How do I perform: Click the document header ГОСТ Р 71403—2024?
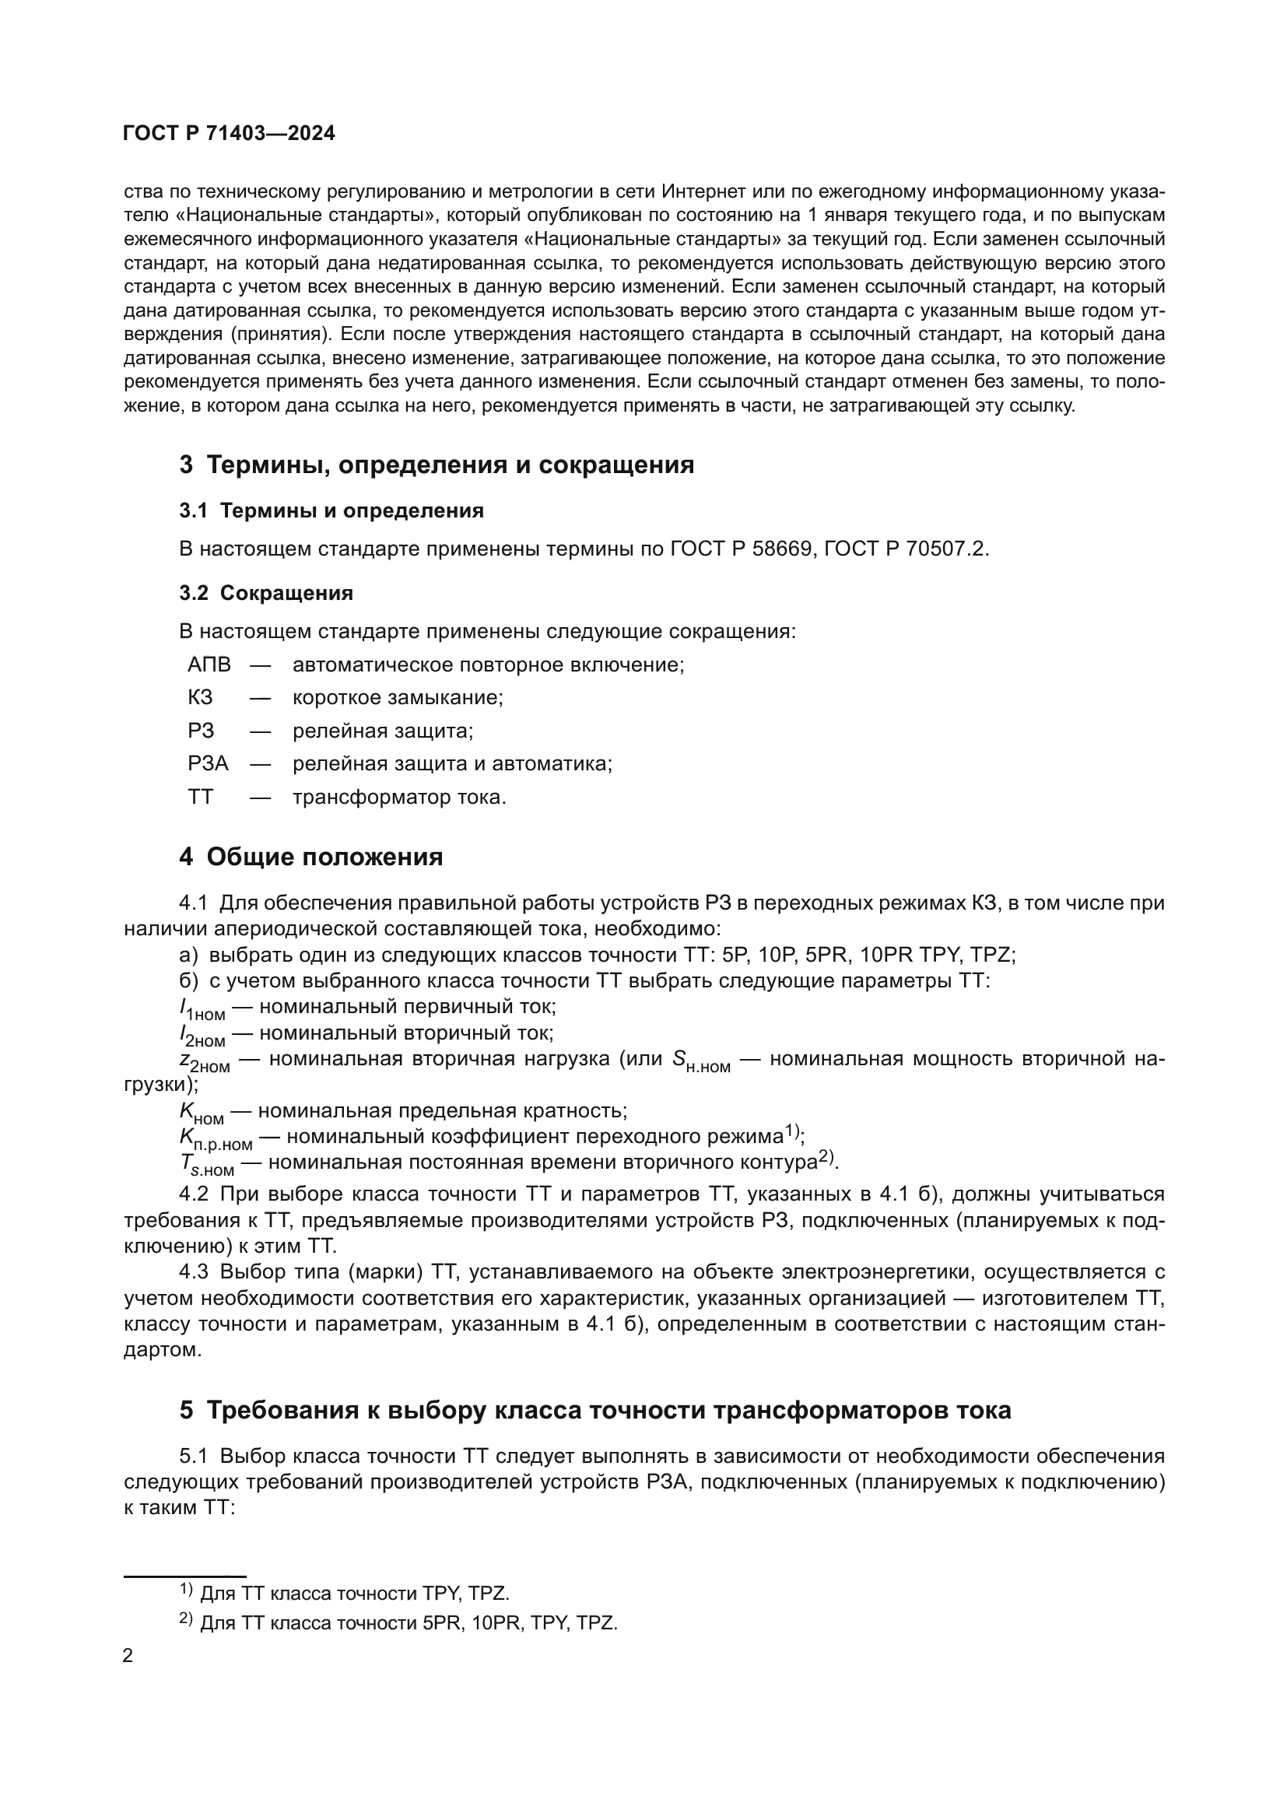click(x=229, y=133)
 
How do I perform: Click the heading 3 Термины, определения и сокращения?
click(x=437, y=465)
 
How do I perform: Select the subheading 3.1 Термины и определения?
click(x=331, y=510)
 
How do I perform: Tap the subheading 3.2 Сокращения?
click(x=266, y=593)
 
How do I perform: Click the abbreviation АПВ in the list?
click(x=209, y=665)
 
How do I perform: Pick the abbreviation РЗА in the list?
click(x=208, y=763)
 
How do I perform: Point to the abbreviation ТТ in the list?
click(x=201, y=797)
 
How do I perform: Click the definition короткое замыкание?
click(x=398, y=697)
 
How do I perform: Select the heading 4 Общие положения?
click(x=310, y=857)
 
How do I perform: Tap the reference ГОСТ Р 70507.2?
click(x=905, y=549)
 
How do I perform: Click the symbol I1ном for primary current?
click(x=202, y=1009)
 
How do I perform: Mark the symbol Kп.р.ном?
click(x=216, y=1139)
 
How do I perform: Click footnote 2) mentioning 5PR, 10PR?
click(x=398, y=1622)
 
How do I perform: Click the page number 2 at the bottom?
click(x=128, y=1656)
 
